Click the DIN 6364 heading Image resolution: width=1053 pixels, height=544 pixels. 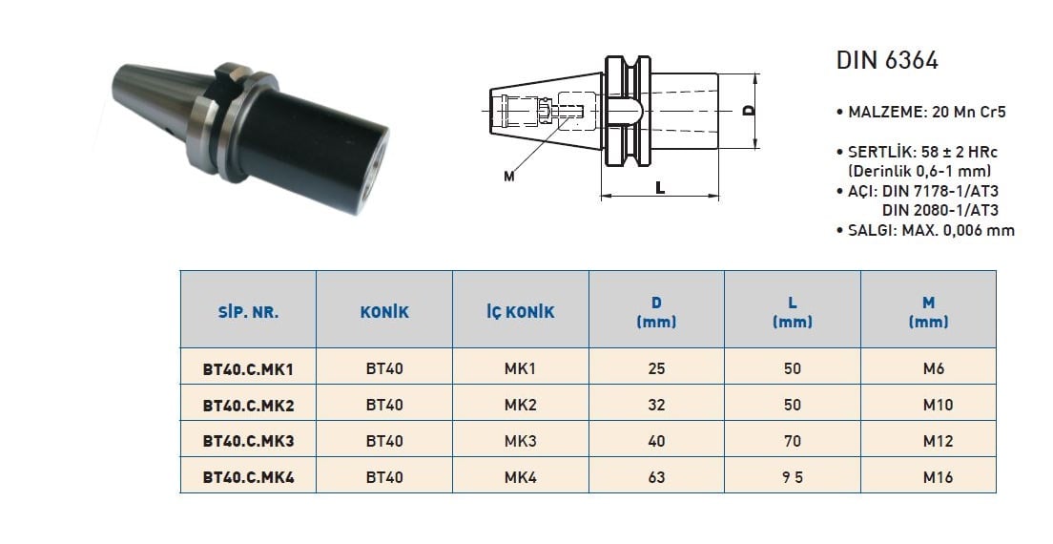tap(886, 60)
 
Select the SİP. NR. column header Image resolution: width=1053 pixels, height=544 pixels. tap(249, 312)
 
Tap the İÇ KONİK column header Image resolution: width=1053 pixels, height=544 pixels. tap(521, 312)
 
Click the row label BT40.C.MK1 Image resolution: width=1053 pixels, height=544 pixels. tap(249, 368)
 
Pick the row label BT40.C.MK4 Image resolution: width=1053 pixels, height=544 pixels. tap(249, 477)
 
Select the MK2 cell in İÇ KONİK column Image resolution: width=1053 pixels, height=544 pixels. tap(521, 405)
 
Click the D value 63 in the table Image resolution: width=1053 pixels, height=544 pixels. tap(656, 477)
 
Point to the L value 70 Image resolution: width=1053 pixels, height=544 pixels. tap(793, 441)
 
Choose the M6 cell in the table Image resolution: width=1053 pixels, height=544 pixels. tap(934, 368)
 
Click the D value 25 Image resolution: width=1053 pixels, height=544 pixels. tap(656, 368)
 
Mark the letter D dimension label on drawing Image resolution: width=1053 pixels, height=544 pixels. tap(749, 110)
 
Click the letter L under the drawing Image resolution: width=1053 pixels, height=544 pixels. tap(660, 189)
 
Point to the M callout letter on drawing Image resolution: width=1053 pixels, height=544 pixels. tap(509, 177)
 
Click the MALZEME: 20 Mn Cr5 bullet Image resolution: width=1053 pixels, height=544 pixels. tap(921, 113)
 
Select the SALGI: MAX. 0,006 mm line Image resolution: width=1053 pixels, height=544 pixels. tap(925, 230)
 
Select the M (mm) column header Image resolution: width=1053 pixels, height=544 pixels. tap(929, 312)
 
